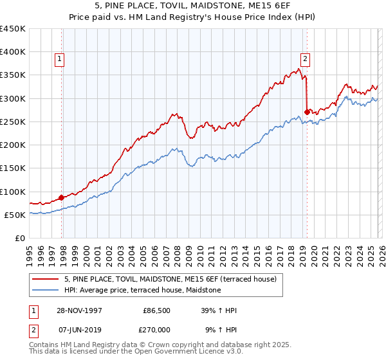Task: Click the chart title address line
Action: tap(192, 6)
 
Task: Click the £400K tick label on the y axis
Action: tap(13, 52)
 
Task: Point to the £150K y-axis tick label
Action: tap(13, 168)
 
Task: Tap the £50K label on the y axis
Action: tap(15, 215)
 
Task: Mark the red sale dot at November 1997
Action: tap(62, 197)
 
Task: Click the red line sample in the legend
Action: tap(46, 279)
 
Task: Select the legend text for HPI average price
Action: tap(142, 291)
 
